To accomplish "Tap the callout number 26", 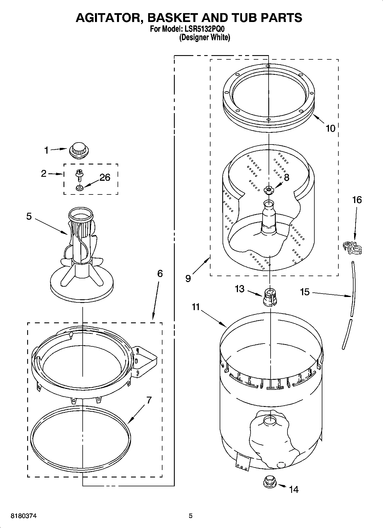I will [105, 177].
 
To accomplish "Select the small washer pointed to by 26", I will [80, 188].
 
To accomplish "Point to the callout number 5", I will [29, 216].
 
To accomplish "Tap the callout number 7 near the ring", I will [149, 400].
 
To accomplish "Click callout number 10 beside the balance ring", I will [330, 129].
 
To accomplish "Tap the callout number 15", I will [305, 292].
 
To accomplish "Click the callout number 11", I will [196, 307].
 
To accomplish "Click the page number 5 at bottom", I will [191, 516].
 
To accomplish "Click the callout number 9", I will [188, 278].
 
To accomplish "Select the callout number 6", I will [160, 274].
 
